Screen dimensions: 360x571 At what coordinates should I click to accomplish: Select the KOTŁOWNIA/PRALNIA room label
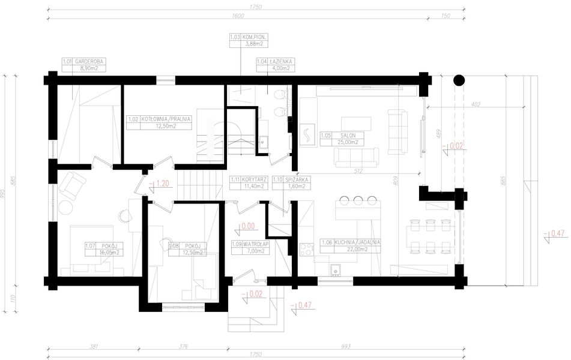coord(160,123)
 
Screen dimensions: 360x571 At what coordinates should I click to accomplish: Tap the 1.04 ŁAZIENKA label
coord(270,65)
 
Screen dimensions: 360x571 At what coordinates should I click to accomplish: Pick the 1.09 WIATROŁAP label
coord(249,247)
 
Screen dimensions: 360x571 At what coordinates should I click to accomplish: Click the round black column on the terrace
coord(459,79)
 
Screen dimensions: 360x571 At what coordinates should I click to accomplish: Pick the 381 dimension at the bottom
coord(94,346)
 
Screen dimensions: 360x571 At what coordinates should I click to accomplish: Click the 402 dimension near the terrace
coord(476,104)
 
